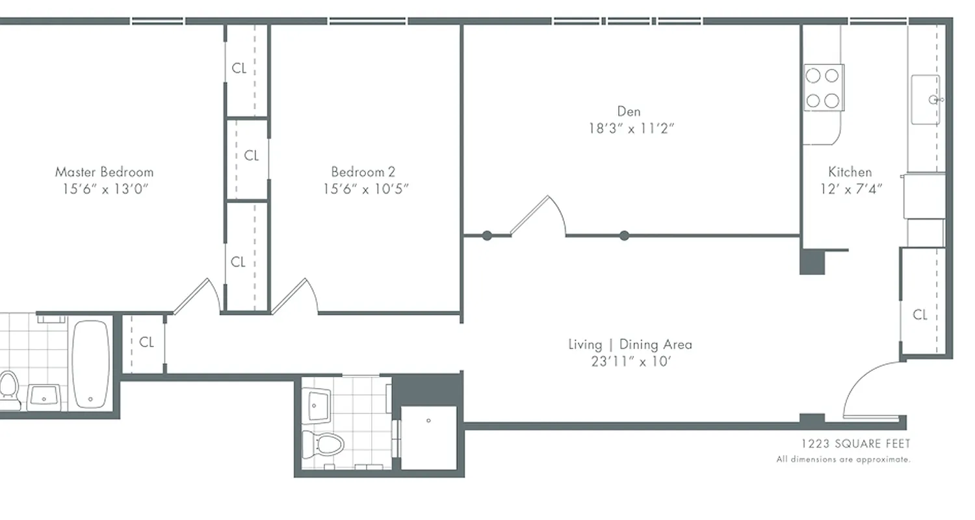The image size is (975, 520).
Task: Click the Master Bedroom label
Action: point(104,172)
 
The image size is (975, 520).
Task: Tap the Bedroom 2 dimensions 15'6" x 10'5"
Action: point(366,189)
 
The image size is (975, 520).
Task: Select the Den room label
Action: point(629,112)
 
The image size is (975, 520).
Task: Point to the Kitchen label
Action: point(850,172)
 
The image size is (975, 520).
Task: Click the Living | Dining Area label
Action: point(630,344)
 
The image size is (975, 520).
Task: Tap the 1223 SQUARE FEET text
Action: point(855,444)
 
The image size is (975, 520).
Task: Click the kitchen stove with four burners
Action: point(823,88)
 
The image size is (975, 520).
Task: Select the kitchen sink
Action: point(926,99)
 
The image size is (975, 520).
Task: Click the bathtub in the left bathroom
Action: point(90,364)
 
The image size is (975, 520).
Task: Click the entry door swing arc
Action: point(868,390)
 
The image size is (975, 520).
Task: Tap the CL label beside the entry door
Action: point(920,315)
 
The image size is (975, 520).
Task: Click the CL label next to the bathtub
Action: point(147,342)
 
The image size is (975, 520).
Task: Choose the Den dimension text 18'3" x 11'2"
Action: point(631,129)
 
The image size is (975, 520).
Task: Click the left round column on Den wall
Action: point(487,236)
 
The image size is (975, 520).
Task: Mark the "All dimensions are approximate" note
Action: point(843,460)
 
